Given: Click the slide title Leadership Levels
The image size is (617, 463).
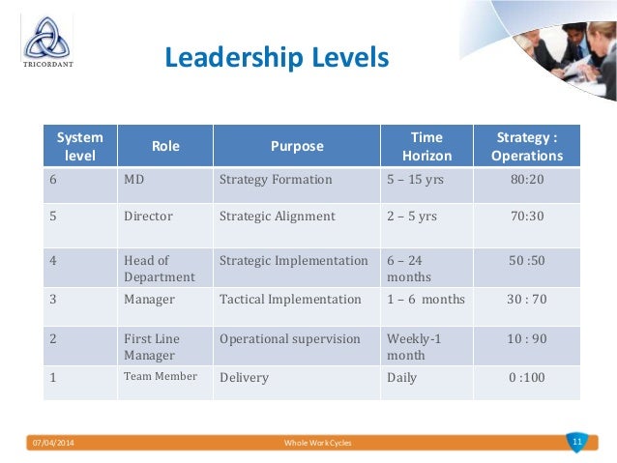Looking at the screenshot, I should pyautogui.click(x=277, y=58).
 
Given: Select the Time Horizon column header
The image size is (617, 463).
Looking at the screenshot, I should pyautogui.click(x=426, y=146).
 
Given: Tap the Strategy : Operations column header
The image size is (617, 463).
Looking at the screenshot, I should pyautogui.click(x=527, y=146).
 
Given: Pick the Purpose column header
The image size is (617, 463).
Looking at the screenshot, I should pyautogui.click(x=296, y=146).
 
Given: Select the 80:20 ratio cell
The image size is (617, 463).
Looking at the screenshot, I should pyautogui.click(x=527, y=179).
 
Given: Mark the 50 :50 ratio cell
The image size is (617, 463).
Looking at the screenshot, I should pyautogui.click(x=527, y=260).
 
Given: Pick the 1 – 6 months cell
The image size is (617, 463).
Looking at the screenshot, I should pyautogui.click(x=426, y=299).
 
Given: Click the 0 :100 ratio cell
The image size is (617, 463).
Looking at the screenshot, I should pyautogui.click(x=527, y=377).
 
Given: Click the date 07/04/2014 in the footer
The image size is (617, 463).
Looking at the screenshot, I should pyautogui.click(x=53, y=442).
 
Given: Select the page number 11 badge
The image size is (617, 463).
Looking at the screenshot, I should pyautogui.click(x=577, y=441).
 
